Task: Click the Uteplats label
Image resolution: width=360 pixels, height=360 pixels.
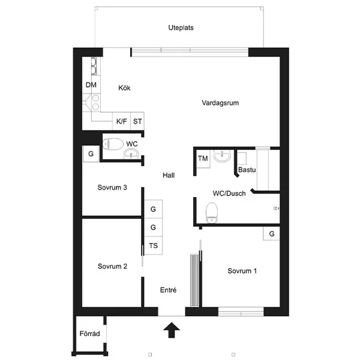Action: tap(181, 28)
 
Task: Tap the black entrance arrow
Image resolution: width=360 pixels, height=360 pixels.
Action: tap(172, 330)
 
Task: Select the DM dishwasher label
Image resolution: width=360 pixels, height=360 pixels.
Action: tap(91, 85)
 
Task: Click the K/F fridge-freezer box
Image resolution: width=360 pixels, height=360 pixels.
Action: tap(121, 121)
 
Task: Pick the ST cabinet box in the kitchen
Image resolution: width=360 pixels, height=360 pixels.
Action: tap(137, 121)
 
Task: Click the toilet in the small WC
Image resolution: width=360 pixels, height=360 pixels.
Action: tap(113, 144)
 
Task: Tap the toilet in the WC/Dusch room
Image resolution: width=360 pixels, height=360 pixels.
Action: tap(212, 212)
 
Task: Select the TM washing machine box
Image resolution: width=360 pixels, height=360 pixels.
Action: tap(203, 158)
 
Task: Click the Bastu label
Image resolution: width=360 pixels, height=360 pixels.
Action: tap(247, 170)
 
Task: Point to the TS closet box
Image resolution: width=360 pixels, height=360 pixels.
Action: tap(154, 245)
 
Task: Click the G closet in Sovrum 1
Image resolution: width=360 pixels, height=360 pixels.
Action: tap(271, 234)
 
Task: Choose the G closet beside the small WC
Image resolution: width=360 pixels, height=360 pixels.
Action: tap(91, 154)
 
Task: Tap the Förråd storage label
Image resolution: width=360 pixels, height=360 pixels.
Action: tap(89, 334)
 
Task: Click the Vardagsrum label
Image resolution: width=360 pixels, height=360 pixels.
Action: tap(220, 103)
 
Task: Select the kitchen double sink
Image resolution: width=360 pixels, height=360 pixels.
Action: tap(94, 66)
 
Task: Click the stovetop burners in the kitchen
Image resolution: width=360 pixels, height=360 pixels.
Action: tap(96, 103)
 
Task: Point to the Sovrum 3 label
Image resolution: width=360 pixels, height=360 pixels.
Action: tap(112, 188)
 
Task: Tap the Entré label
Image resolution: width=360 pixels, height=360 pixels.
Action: tap(168, 290)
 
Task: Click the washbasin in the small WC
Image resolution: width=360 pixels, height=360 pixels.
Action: tap(131, 154)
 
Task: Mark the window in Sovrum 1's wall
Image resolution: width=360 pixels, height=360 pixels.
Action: tap(241, 312)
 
